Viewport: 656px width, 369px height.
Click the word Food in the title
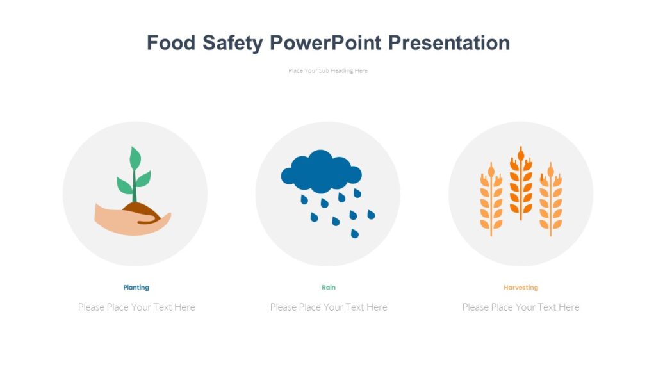(169, 43)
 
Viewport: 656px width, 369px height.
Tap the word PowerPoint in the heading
(325, 43)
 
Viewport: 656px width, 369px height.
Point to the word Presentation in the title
(449, 43)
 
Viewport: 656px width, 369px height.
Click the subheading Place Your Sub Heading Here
(328, 71)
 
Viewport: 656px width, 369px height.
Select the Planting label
(136, 288)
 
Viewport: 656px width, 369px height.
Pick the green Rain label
(328, 288)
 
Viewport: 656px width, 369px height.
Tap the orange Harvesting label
(520, 288)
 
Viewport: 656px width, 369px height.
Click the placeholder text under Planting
(136, 307)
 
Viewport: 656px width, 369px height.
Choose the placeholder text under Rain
(329, 307)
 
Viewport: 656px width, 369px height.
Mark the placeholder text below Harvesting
(521, 307)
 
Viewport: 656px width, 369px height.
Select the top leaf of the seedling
(135, 158)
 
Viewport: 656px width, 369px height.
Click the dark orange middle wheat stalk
(521, 183)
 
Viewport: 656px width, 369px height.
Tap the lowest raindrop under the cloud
(354, 234)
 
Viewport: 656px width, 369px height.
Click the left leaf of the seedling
(124, 186)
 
